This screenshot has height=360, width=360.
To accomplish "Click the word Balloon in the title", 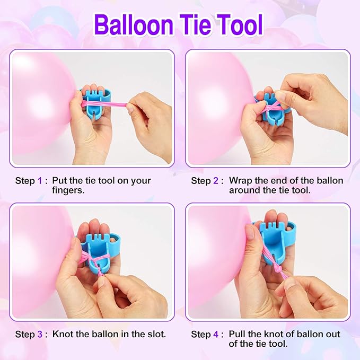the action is [x=134, y=24].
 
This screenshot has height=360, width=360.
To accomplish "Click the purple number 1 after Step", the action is [x=40, y=181].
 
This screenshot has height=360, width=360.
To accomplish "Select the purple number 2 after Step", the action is [x=216, y=181].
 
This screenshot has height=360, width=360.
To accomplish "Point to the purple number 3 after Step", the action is [x=40, y=334].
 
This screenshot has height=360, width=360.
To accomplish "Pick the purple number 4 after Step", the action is [x=216, y=334].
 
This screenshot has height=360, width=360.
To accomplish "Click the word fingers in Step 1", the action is [x=68, y=190].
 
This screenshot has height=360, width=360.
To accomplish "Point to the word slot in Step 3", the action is [x=156, y=334].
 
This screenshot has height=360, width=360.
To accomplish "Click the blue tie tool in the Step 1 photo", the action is [x=96, y=103].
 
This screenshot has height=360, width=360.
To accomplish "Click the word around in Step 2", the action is [x=244, y=190].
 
